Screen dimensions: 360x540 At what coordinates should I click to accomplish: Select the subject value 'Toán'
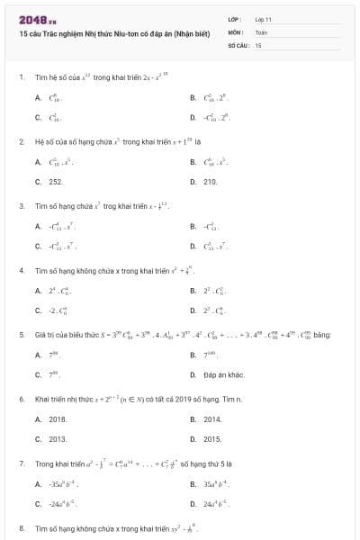tap(261, 31)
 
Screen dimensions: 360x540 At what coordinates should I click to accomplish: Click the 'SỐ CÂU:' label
tap(238, 44)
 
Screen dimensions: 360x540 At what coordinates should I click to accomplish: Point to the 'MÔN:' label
tap(235, 31)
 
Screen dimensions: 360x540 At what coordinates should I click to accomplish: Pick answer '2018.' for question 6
tap(58, 418)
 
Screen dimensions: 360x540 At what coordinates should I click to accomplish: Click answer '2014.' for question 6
tap(212, 418)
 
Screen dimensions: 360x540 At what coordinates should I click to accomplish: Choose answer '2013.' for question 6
tap(58, 438)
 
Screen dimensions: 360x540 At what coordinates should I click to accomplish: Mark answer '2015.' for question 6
tap(212, 438)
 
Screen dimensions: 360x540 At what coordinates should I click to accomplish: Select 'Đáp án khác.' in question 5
tap(224, 374)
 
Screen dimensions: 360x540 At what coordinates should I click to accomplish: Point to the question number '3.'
tap(21, 205)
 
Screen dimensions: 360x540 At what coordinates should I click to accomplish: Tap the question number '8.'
tap(21, 527)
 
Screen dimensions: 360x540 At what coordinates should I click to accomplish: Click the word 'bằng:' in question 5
tap(323, 335)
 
